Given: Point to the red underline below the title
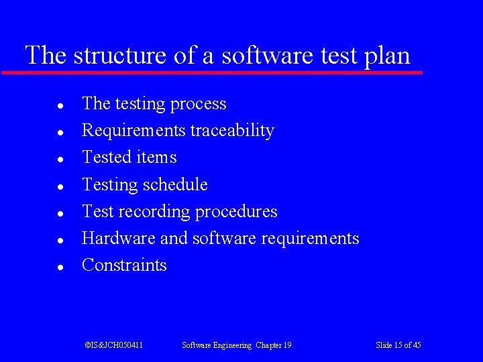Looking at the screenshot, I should pos(212,72).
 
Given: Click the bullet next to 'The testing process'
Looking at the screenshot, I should pos(60,106).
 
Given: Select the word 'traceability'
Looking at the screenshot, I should pos(232,131).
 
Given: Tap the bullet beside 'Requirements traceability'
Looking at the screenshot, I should pos(60,133).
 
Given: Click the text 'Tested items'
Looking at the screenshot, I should pos(129,158).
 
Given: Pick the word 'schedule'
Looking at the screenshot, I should pos(175,184).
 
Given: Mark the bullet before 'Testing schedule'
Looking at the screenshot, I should pos(60,186).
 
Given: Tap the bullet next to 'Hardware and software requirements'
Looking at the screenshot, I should pos(60,240).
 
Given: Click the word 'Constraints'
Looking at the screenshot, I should pos(124,265).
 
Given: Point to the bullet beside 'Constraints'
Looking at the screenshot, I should pos(60,267).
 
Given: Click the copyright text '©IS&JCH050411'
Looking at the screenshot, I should pos(114,345).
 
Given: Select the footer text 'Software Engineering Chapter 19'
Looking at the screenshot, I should pos(237,345).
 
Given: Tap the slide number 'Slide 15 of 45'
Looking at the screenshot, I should pos(398,345).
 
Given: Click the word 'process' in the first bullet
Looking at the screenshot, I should pos(199,105).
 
